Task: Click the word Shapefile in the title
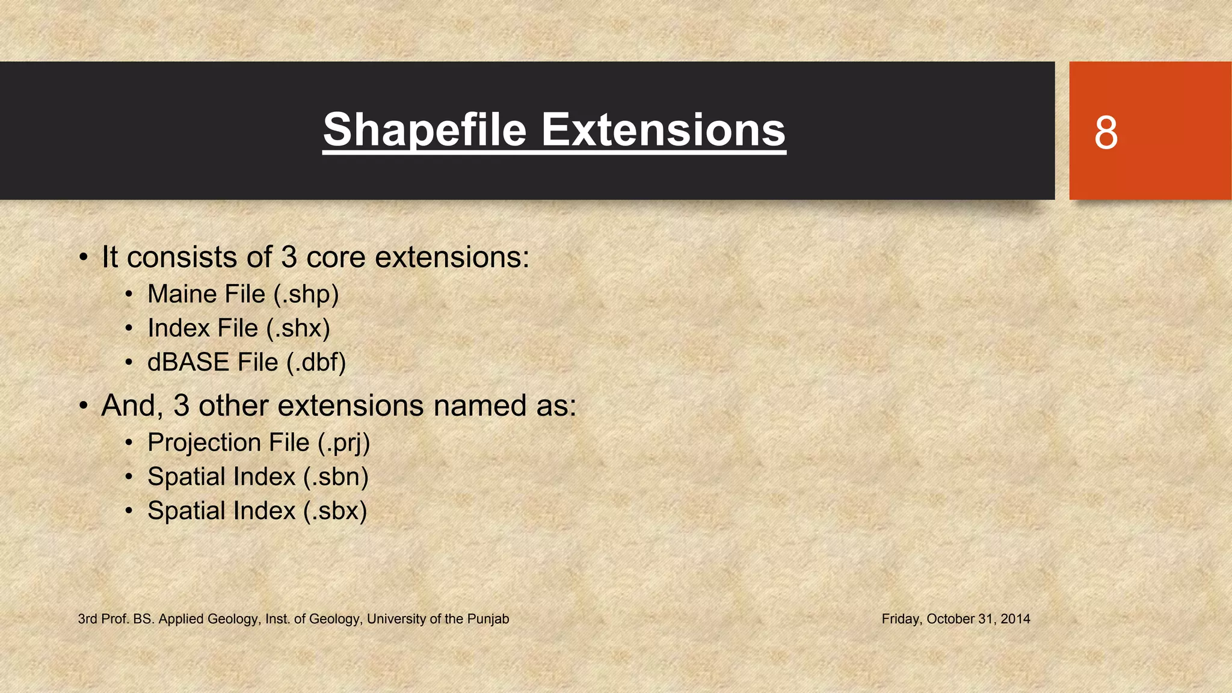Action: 425,130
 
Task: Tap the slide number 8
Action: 1106,133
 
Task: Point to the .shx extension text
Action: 298,328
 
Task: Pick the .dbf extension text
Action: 316,362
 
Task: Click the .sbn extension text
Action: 336,476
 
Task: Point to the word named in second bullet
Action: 476,405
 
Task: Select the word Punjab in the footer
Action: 488,619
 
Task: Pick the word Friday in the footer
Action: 901,619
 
